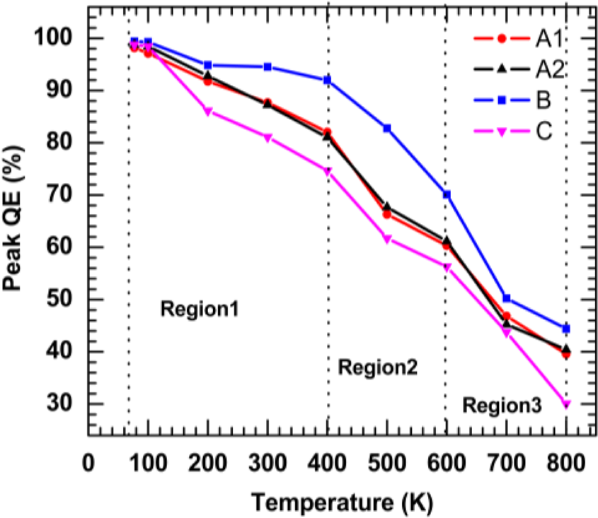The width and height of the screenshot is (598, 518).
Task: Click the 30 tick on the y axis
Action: point(67,404)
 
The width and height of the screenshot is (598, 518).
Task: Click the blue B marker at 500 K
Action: point(387,128)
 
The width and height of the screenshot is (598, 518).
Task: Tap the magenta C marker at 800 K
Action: point(566,404)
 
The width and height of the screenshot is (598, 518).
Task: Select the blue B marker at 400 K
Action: point(328,80)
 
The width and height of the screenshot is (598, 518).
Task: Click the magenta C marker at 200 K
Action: point(208,112)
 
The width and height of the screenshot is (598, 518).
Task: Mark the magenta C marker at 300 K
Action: point(268,138)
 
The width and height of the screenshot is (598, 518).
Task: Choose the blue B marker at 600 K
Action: point(447,194)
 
